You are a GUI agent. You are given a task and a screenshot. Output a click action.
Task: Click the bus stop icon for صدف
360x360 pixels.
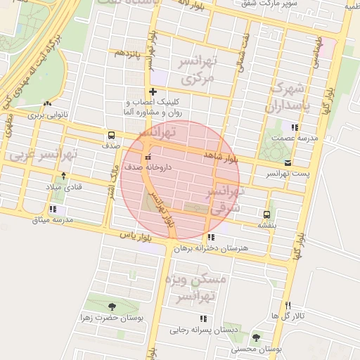(110, 135)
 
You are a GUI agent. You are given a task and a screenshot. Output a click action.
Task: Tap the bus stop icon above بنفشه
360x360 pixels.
(266, 214)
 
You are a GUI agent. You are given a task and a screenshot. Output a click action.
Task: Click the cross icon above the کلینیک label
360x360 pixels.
(153, 92)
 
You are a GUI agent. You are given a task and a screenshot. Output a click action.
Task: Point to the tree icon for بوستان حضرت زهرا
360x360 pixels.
(112, 306)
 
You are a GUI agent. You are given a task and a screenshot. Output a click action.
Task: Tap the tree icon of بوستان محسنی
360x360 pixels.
(256, 337)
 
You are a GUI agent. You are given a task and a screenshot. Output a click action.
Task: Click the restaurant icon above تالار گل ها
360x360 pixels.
(288, 304)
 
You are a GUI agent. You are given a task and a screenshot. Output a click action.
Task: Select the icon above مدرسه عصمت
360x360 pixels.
(293, 127)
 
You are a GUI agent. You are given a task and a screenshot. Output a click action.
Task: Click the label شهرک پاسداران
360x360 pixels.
(288, 98)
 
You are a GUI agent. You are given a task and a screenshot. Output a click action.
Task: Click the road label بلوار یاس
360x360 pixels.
(136, 237)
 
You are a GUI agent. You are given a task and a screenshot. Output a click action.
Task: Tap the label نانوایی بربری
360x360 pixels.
(46, 115)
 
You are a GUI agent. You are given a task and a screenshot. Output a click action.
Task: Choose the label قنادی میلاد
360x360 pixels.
(64, 187)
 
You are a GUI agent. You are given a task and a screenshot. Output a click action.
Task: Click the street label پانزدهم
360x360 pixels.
(129, 53)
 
